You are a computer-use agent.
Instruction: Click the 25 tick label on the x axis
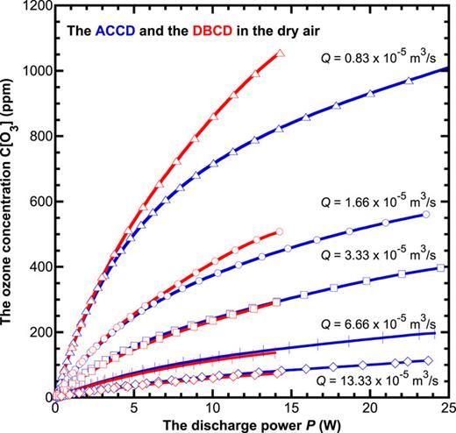447,408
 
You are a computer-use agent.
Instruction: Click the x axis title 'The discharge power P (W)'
251,424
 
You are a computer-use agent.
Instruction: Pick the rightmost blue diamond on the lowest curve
429,360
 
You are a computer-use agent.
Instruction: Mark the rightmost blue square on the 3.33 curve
441,269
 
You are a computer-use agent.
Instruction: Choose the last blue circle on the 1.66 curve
426,214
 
